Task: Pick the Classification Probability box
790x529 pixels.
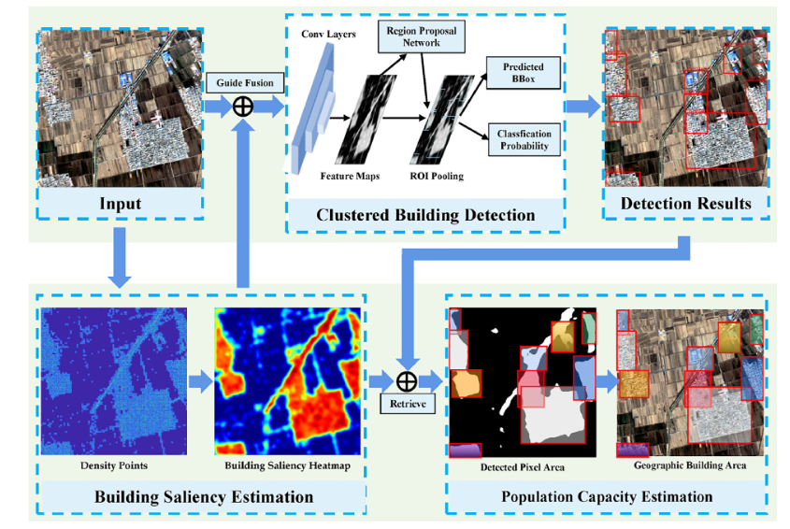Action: click(x=523, y=140)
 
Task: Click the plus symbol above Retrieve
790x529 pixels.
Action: click(x=406, y=381)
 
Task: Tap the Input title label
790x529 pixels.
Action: click(x=120, y=203)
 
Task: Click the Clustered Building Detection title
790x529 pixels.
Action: click(x=425, y=215)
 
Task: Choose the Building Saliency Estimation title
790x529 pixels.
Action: click(x=204, y=496)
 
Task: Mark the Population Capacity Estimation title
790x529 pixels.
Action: click(x=607, y=496)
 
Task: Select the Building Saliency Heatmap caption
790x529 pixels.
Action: click(x=287, y=465)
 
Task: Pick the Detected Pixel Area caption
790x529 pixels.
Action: click(x=523, y=465)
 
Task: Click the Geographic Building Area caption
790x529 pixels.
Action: click(x=690, y=465)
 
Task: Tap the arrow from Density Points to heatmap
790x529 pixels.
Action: click(x=200, y=381)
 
